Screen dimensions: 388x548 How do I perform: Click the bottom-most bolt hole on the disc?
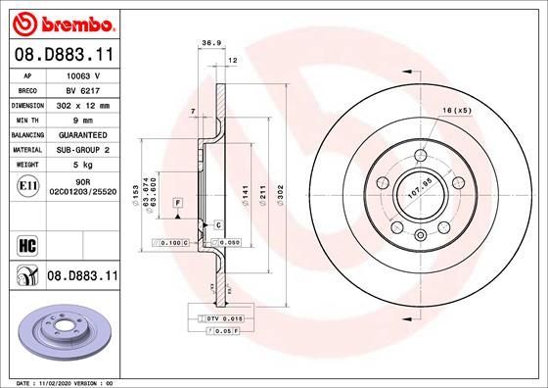(419, 233)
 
